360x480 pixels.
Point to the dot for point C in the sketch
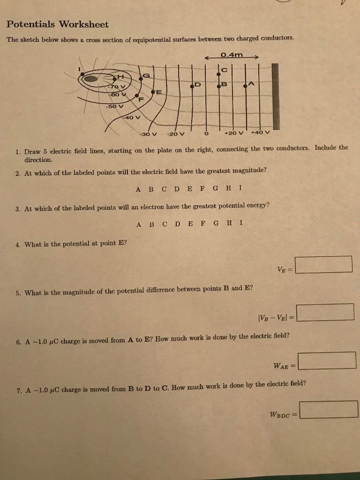pos(218,74)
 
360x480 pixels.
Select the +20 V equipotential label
pos(234,133)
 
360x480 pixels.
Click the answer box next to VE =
pos(324,264)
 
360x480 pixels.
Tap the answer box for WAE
pos(326,360)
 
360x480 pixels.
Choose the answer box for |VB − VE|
pos(325,312)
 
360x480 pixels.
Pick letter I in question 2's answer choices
pos(240,189)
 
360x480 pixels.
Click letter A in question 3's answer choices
pos(138,224)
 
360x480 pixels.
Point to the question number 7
pos(17,390)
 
